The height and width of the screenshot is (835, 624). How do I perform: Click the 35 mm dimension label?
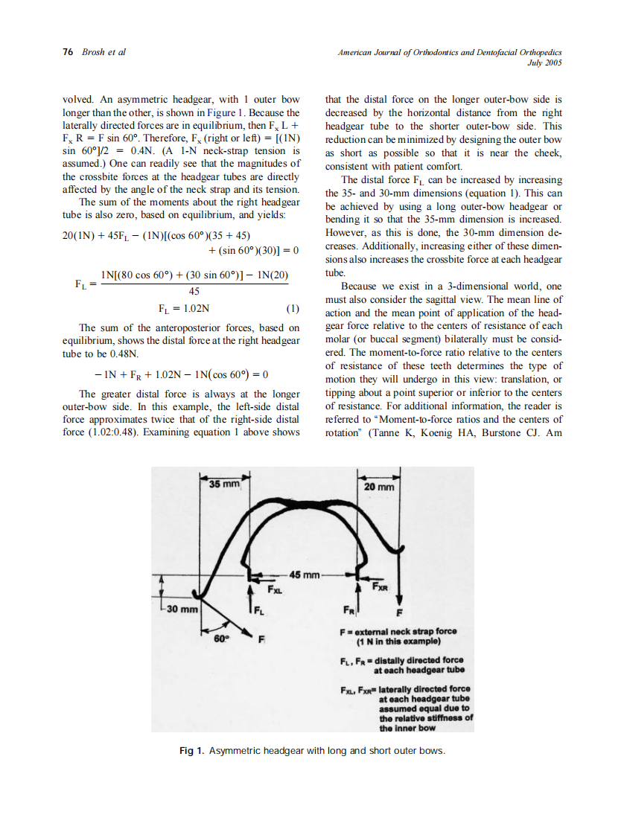click(x=224, y=484)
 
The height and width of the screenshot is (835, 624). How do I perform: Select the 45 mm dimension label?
click(x=305, y=575)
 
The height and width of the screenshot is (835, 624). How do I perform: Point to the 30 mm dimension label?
click(x=181, y=610)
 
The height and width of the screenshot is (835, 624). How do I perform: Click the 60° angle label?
click(x=221, y=638)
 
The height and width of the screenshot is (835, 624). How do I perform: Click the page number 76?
click(x=68, y=52)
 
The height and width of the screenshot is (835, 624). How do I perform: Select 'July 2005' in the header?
click(x=544, y=63)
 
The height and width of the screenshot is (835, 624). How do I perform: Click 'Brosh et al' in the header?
click(x=104, y=52)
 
